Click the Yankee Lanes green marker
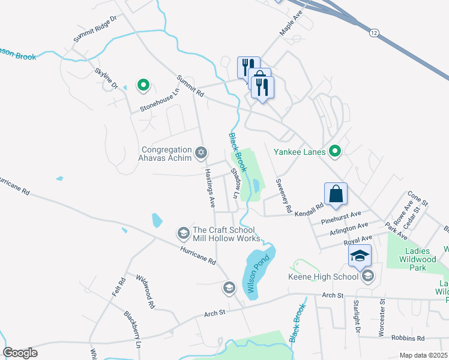335,151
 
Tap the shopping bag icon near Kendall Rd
336,194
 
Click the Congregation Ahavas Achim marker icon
201,151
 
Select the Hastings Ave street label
209,187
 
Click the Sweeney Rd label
282,196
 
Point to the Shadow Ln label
235,184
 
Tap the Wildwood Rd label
145,292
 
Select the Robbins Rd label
408,338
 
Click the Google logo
20,353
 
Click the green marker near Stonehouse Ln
143,86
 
